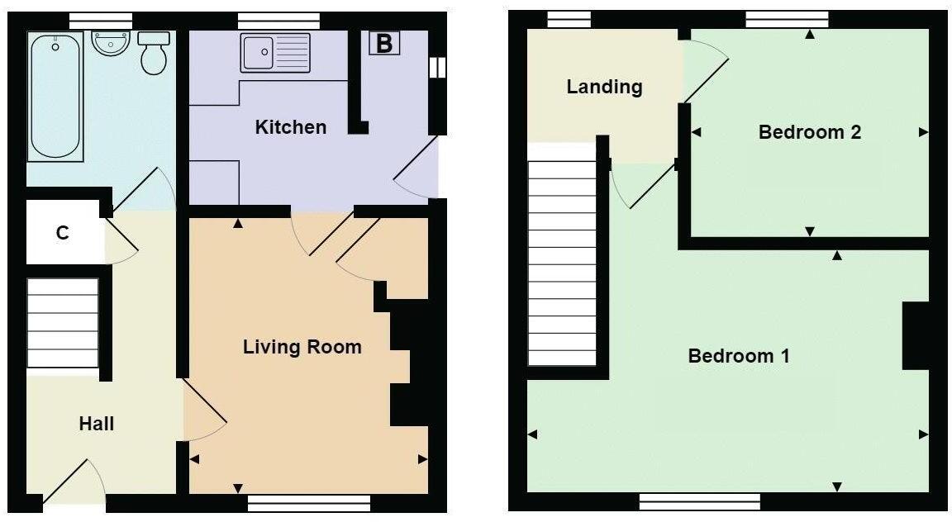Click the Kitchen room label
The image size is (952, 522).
(x=290, y=127)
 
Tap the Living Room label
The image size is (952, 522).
(x=302, y=347)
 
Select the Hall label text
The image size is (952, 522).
(x=96, y=424)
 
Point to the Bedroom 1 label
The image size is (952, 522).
(x=739, y=356)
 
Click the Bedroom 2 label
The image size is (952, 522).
(x=809, y=132)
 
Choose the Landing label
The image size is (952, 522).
(x=604, y=87)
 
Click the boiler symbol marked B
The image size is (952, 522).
(x=383, y=44)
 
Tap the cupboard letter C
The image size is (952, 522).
(x=62, y=233)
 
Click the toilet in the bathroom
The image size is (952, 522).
(x=154, y=54)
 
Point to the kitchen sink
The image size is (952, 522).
(x=275, y=53)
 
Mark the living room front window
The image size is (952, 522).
(x=308, y=502)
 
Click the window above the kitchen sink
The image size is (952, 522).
(x=278, y=20)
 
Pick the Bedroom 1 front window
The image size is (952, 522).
(x=699, y=501)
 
